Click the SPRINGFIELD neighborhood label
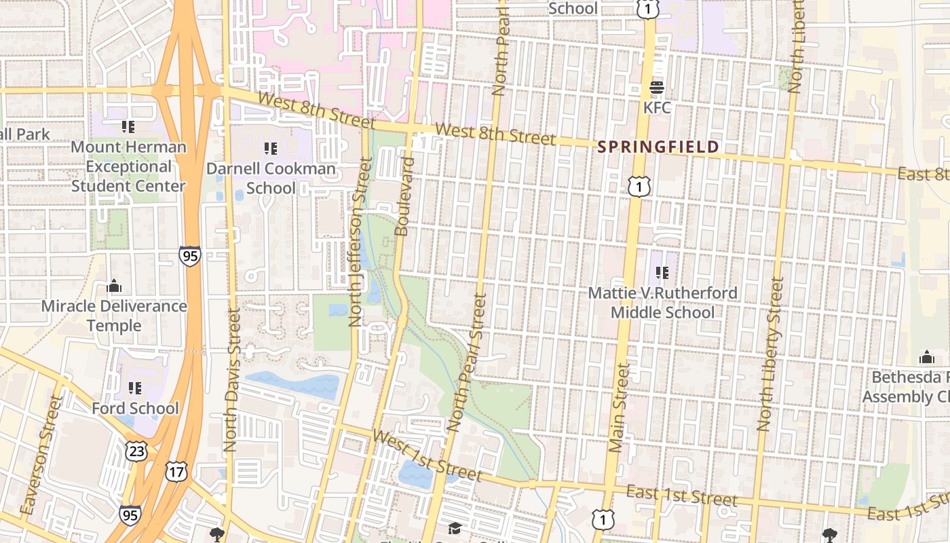[x=658, y=147]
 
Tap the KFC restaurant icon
[x=656, y=88]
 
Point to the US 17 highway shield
[x=176, y=472]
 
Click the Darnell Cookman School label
[x=271, y=178]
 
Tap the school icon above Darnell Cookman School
[x=271, y=148]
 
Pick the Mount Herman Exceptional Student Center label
[x=128, y=166]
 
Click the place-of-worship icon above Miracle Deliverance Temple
[x=114, y=286]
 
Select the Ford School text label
[x=135, y=408]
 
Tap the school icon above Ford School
[x=135, y=388]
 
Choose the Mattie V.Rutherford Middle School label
[x=662, y=303]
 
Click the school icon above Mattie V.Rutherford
[x=662, y=273]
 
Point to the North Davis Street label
[x=231, y=380]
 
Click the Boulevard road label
[x=404, y=197]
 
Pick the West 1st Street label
[x=427, y=455]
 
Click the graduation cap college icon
[x=454, y=527]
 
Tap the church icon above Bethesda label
[x=926, y=357]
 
